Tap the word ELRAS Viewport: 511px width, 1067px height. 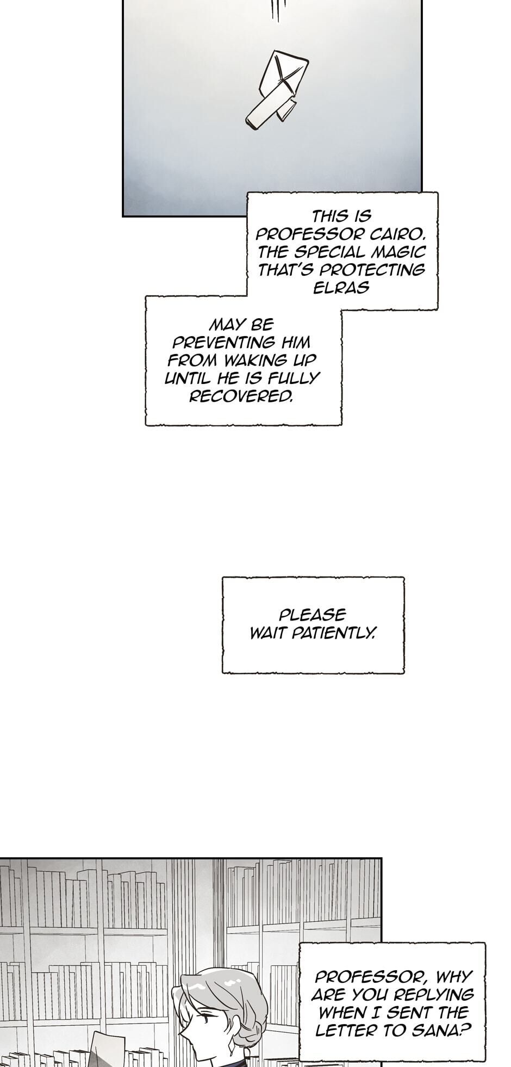(341, 288)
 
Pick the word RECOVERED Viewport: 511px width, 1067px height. (241, 396)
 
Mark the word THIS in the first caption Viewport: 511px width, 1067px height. (331, 216)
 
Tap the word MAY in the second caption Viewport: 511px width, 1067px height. (226, 325)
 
